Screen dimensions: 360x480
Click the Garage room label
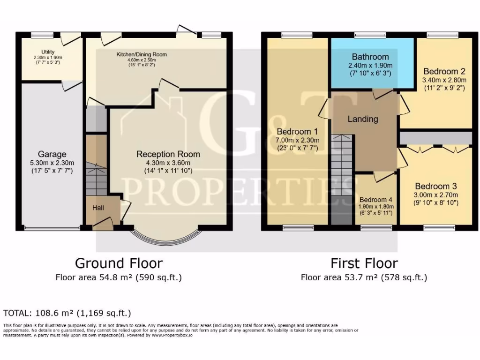click(52, 154)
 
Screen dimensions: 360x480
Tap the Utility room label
click(48, 52)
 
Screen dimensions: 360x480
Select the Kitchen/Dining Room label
click(142, 54)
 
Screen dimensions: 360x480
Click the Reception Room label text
click(168, 154)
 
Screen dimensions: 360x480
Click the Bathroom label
click(370, 57)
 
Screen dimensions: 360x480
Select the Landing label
click(362, 119)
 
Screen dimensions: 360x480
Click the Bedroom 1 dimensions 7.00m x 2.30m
click(297, 140)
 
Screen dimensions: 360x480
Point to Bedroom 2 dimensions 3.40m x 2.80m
click(444, 80)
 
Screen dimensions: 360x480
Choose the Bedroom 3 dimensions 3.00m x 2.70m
click(435, 195)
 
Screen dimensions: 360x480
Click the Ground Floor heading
click(119, 263)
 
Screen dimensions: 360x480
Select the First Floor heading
click(364, 263)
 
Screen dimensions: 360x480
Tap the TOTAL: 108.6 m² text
click(67, 313)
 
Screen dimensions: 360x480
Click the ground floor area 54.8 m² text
click(119, 277)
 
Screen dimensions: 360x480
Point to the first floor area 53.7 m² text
click(364, 277)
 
